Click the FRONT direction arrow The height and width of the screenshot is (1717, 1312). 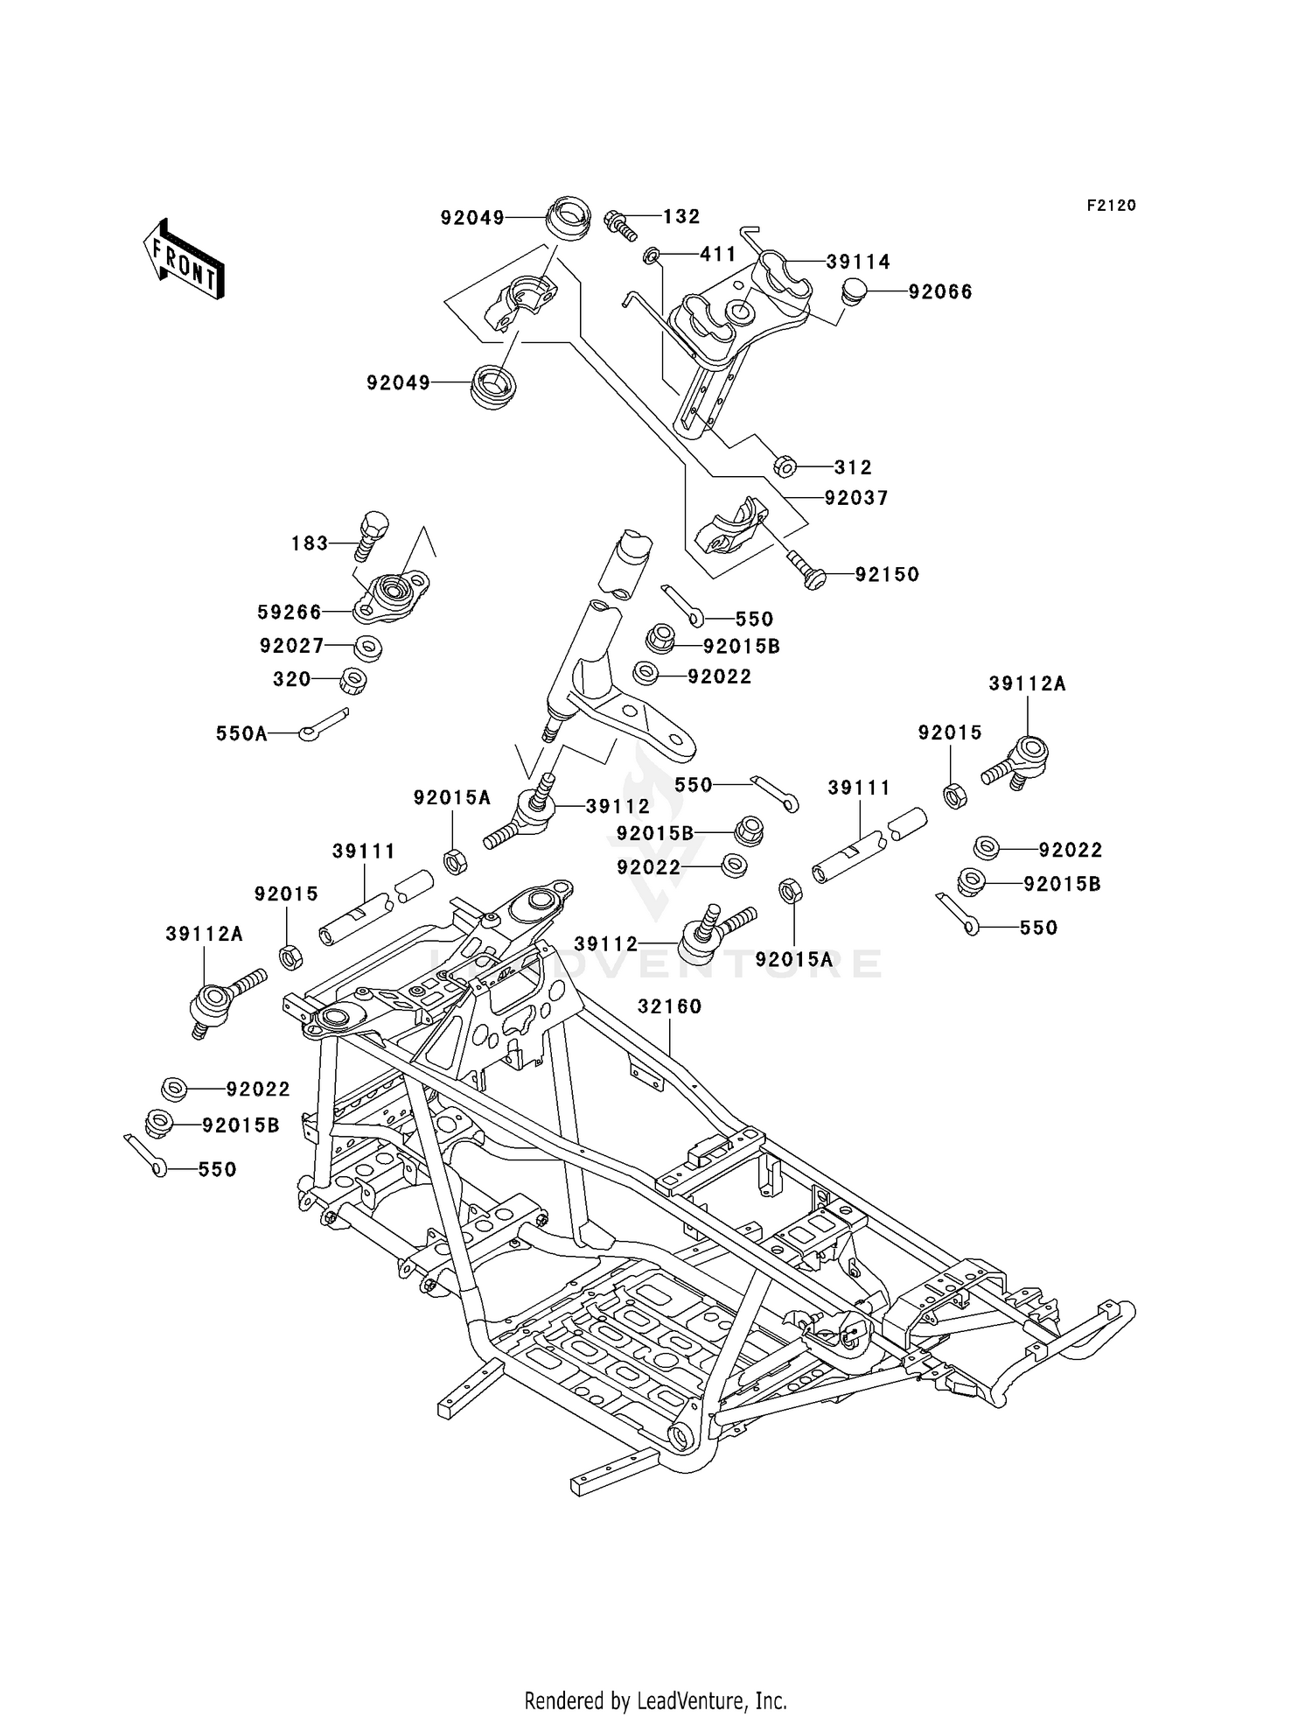pyautogui.click(x=184, y=260)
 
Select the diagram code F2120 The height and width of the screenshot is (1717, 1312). pyautogui.click(x=1112, y=205)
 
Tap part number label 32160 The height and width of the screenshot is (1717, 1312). pyautogui.click(x=670, y=1006)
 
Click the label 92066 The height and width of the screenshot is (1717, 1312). pyautogui.click(x=940, y=291)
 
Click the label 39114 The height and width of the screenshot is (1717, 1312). pyautogui.click(x=858, y=262)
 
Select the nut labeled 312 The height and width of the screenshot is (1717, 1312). pyautogui.click(x=785, y=466)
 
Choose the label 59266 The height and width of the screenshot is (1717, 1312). pyautogui.click(x=290, y=612)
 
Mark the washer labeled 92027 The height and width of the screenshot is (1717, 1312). pyautogui.click(x=367, y=648)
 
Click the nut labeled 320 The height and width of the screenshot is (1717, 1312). pyautogui.click(x=352, y=680)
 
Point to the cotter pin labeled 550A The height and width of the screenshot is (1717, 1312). pyautogui.click(x=323, y=724)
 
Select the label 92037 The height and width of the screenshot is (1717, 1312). pyautogui.click(x=856, y=497)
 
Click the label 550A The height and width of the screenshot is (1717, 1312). pyautogui.click(x=241, y=733)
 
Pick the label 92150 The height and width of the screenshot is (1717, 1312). pyautogui.click(x=887, y=574)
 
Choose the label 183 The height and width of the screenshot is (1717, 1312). pyautogui.click(x=310, y=543)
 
